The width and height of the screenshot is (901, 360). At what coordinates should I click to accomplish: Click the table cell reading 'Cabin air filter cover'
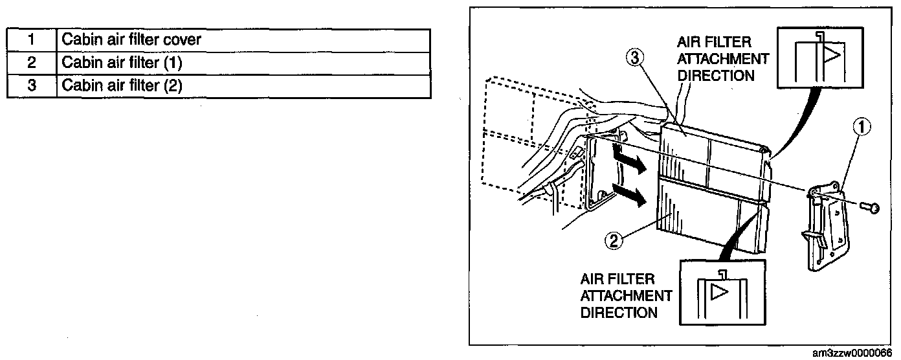click(243, 40)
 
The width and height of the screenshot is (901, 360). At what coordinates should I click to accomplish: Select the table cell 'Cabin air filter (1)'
click(243, 63)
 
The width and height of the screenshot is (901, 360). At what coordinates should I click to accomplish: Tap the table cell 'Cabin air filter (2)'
click(243, 85)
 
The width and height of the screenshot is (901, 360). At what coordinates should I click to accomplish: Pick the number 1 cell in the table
click(31, 40)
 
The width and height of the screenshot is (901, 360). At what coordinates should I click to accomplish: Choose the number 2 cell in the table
click(31, 63)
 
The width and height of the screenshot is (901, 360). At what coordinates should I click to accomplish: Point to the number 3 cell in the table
click(31, 85)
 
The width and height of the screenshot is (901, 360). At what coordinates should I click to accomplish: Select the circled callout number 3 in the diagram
click(634, 59)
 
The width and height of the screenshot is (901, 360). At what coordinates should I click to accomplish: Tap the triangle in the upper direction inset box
click(832, 56)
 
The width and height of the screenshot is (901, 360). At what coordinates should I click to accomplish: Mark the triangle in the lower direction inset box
click(719, 291)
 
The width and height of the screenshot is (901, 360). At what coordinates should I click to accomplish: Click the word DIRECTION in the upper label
click(716, 76)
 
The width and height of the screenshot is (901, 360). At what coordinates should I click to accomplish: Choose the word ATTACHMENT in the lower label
click(626, 296)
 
